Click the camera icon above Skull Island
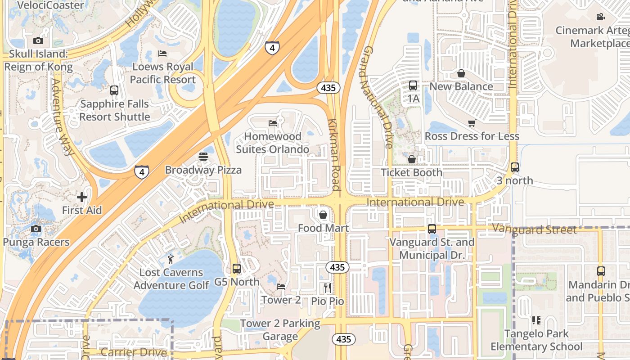[38, 41]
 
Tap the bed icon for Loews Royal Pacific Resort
[162, 54]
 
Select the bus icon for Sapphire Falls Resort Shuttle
[114, 90]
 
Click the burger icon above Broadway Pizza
[203, 157]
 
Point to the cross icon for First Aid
[81, 197]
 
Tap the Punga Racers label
[36, 242]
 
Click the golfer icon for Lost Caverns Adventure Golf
[171, 259]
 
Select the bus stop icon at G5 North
[237, 269]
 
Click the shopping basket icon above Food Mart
[323, 215]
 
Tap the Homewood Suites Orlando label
[272, 143]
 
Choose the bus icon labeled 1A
[413, 85]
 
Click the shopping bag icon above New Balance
[461, 73]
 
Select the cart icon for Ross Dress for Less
[472, 123]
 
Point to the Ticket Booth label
[411, 172]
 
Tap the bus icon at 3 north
[515, 167]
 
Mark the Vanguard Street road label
[534, 229]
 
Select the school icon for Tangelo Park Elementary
[536, 320]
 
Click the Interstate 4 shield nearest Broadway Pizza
[142, 171]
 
